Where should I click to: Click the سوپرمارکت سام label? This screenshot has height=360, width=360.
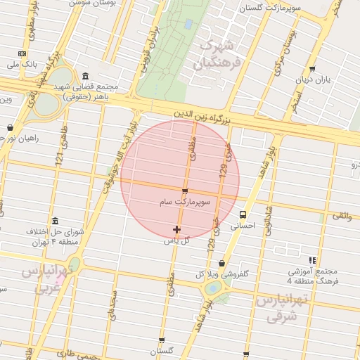coord(185,202)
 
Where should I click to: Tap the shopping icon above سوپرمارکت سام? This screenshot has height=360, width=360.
coord(185,191)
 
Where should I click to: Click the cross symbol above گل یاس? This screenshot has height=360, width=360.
coord(176,229)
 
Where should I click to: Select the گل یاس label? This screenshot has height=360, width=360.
coord(176,240)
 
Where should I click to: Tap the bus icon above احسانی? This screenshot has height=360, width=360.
coord(243,214)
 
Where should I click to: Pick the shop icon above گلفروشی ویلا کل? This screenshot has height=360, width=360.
coord(222,263)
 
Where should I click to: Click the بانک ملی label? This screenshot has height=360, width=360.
coord(21,65)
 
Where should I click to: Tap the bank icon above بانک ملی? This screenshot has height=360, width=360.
coord(22,53)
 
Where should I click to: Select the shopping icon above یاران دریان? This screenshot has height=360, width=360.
coord(312,69)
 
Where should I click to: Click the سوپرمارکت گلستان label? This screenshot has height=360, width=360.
coord(271,8)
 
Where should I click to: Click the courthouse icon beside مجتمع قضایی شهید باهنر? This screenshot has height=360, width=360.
coord(85,77)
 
